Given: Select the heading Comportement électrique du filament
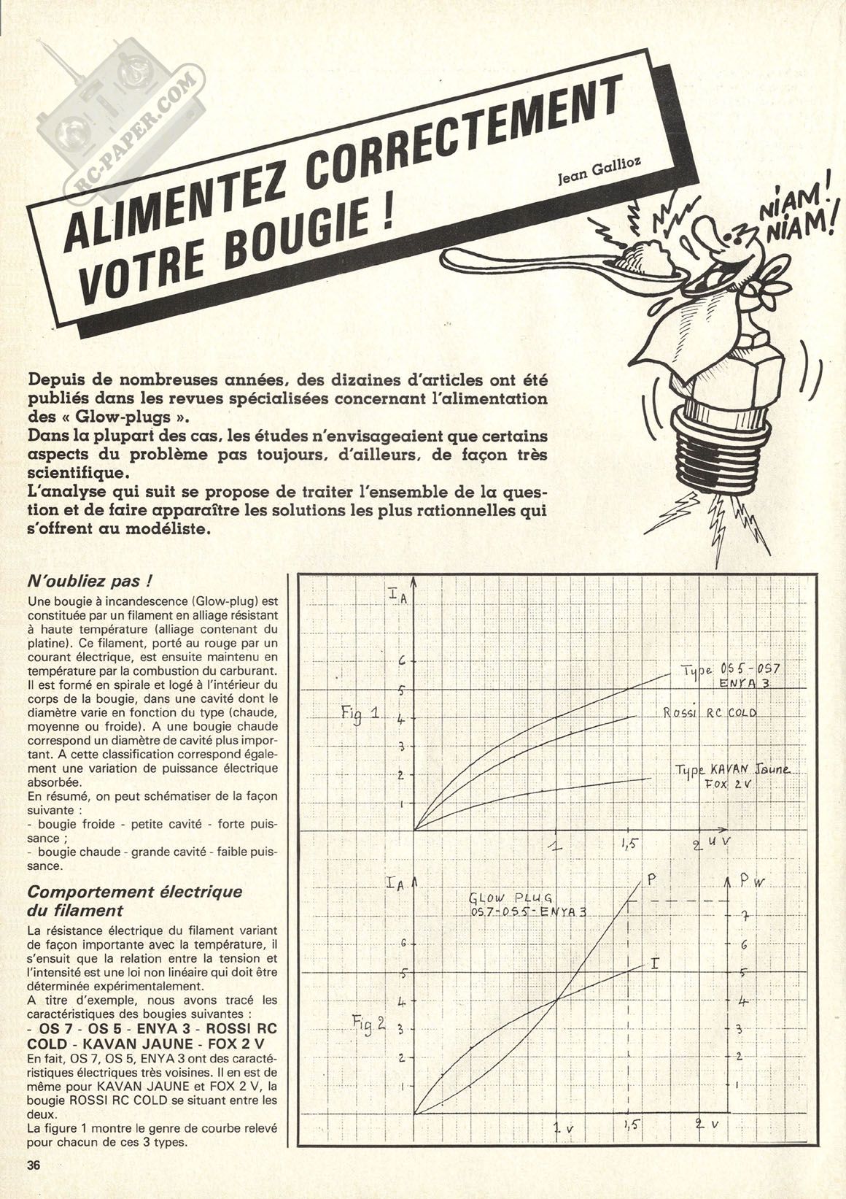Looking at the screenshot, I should coord(133,901).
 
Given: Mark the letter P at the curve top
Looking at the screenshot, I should coord(652,881).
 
